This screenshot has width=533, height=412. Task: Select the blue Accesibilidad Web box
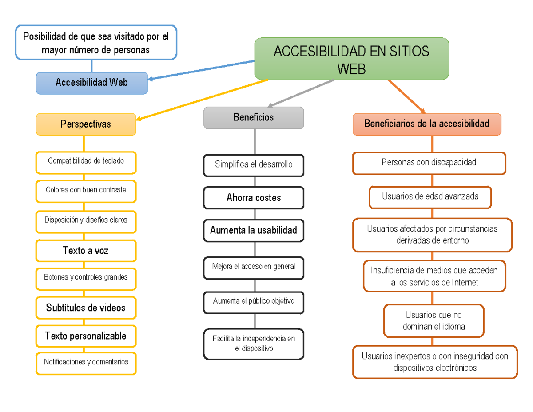(91, 83)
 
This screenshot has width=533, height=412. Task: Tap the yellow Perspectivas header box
(86, 124)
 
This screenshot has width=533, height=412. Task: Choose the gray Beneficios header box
(254, 118)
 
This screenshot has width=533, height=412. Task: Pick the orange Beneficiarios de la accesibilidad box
(427, 124)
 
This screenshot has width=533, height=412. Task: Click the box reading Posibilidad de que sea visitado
(96, 43)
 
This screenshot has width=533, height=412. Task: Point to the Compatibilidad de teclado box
(86, 161)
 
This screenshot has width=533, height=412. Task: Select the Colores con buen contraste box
(86, 190)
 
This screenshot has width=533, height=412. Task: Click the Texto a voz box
(86, 251)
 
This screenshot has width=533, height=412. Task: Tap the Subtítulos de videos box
(86, 308)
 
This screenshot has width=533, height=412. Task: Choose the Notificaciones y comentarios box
(86, 362)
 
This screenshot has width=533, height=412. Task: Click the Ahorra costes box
(254, 198)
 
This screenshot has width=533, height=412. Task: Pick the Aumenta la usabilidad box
(254, 231)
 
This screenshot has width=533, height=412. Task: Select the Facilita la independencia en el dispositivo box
(254, 344)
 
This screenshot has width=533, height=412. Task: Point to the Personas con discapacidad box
(429, 163)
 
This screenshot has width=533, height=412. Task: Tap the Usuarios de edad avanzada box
(430, 197)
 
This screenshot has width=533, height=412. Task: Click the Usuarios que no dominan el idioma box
(434, 321)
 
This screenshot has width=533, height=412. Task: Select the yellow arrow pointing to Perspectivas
(202, 100)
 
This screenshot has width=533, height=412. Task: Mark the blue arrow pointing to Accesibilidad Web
(202, 70)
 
